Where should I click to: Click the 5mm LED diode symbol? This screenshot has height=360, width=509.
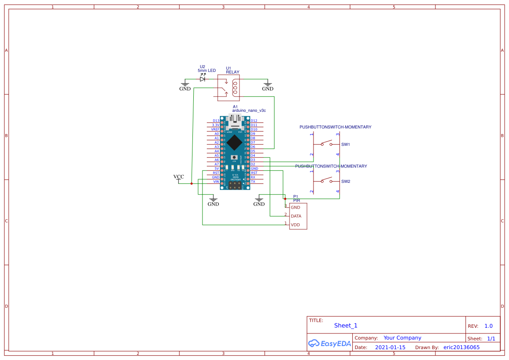pos(202,79)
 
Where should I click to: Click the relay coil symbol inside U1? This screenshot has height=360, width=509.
pos(235,87)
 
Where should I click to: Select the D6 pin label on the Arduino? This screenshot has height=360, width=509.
pos(253,147)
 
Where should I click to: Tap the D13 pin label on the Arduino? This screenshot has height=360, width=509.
pos(216,121)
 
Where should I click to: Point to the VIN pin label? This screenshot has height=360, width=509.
pos(216,182)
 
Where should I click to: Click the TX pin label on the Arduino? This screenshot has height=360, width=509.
pos(253,182)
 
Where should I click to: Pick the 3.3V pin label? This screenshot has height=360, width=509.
pos(216,125)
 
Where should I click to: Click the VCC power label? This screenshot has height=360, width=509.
pos(179,177)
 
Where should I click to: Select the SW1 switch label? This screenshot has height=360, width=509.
pos(346,144)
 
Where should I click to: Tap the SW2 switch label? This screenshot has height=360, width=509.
pos(346,182)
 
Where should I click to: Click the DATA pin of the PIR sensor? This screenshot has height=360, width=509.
pos(296,216)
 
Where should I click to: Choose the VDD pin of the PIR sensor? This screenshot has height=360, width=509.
pos(295,225)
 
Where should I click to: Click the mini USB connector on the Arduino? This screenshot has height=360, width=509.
pos(235,121)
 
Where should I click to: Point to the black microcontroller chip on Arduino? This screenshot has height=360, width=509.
pos(235,142)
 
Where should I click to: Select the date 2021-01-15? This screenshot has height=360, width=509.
pos(390,347)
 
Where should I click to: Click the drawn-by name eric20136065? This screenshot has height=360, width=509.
pos(462,347)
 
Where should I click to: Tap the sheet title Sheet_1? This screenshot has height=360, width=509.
pos(346,326)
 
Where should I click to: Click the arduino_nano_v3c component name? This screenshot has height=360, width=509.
pos(249,111)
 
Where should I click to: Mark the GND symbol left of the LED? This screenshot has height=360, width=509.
pos(185,86)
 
